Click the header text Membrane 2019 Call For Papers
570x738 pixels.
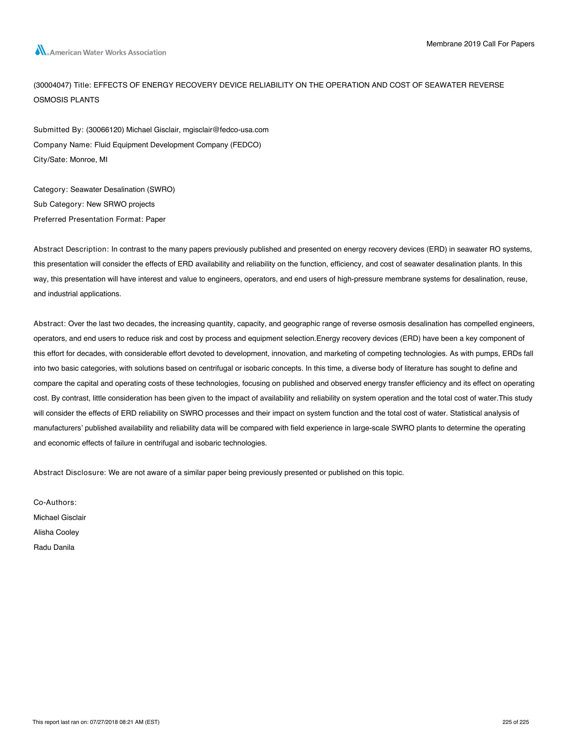click(480, 44)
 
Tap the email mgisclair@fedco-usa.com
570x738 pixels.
click(226, 130)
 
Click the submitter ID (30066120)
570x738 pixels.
click(105, 130)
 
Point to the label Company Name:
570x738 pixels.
click(63, 145)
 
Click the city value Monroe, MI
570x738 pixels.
click(89, 160)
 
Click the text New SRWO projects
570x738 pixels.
click(121, 204)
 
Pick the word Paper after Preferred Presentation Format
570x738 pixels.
click(156, 219)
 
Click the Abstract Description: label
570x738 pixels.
click(71, 249)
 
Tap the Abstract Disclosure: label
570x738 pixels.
click(70, 473)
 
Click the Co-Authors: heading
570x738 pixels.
click(55, 503)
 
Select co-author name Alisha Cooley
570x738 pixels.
click(56, 532)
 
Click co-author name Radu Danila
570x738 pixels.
click(54, 547)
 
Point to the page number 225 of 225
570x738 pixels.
click(515, 722)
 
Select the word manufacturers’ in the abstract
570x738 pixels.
click(58, 428)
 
